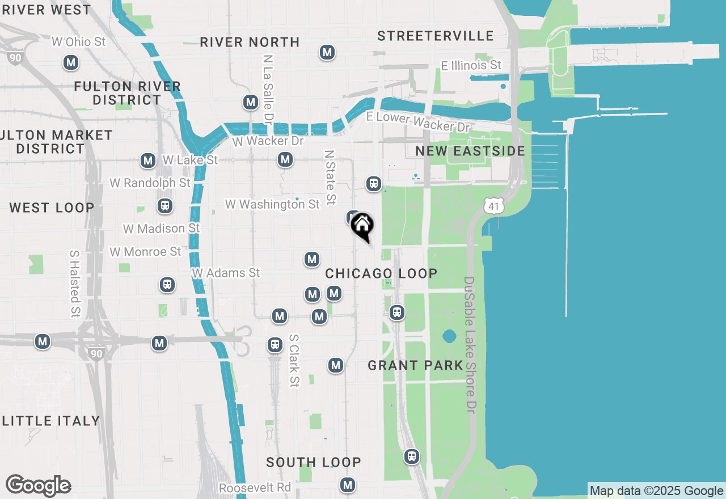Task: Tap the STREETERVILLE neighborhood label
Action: [x=436, y=36]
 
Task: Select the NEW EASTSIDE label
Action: [x=470, y=151]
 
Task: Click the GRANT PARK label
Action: [x=416, y=365]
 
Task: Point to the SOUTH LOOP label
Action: [x=314, y=462]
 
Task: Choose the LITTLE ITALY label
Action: [x=51, y=421]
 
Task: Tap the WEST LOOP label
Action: [x=52, y=208]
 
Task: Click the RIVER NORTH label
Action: [x=250, y=42]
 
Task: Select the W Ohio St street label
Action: [x=78, y=41]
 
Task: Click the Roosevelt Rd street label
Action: [x=255, y=488]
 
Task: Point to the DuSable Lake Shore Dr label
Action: [x=470, y=345]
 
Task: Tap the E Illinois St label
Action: [x=471, y=65]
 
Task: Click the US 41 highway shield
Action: [x=494, y=206]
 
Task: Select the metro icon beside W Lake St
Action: [x=148, y=160]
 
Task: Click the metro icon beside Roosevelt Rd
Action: [x=348, y=485]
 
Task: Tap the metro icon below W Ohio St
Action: [x=71, y=62]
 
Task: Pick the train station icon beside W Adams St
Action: [x=167, y=284]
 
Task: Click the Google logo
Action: [x=38, y=486]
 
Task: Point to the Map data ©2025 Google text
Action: [x=656, y=491]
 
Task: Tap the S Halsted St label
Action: [x=75, y=284]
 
